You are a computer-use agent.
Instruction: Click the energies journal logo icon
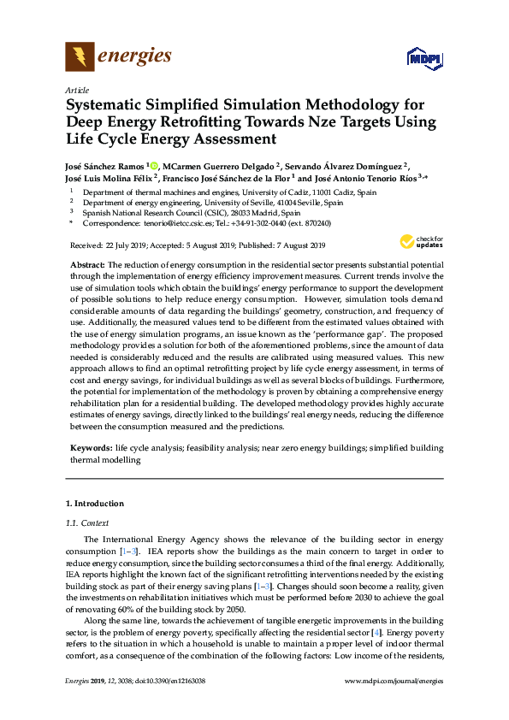tap(80, 57)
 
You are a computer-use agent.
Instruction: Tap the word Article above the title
tap(76, 90)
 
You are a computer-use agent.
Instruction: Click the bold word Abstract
tap(87, 265)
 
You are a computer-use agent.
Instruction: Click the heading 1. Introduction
tap(95, 504)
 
